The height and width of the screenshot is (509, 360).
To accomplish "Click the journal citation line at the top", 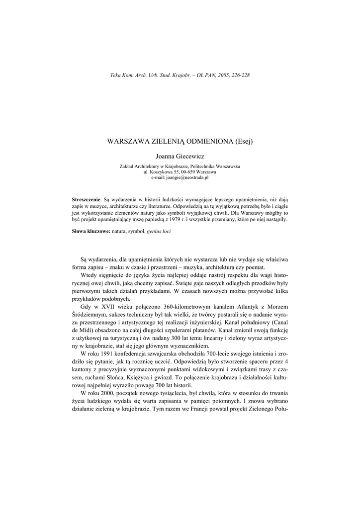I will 180,75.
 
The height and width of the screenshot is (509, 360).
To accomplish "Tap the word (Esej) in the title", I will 243,142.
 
